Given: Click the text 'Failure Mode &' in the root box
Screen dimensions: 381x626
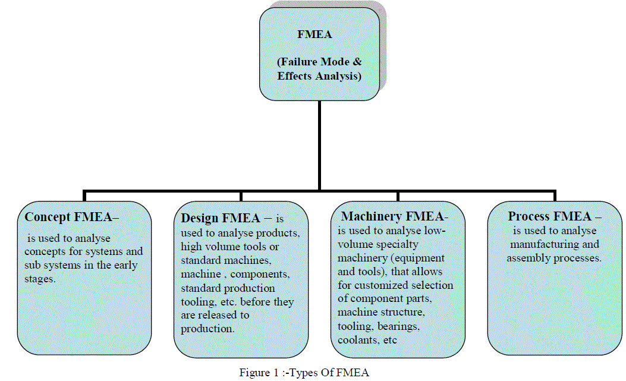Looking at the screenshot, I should click(x=320, y=62).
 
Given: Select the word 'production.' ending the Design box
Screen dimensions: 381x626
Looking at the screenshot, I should click(x=208, y=328).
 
